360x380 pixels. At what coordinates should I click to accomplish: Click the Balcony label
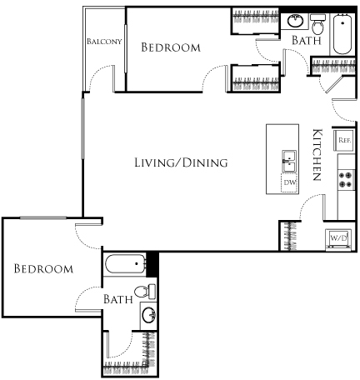[x=103, y=41]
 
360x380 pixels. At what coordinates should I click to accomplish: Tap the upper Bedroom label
[x=170, y=48]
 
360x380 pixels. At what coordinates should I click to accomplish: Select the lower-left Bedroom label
[x=43, y=269]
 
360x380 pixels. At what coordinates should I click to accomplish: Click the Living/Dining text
[x=181, y=163]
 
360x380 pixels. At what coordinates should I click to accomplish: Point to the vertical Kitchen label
[x=317, y=155]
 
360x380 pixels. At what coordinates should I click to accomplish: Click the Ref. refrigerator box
[x=343, y=141]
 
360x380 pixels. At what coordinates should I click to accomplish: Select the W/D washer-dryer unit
[x=339, y=237]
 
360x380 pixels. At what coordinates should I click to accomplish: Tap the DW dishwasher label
[x=289, y=182]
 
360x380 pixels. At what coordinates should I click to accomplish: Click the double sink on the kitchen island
[x=289, y=159]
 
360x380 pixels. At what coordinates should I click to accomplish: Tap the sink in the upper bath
[x=296, y=21]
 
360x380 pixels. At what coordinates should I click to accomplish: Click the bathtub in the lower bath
[x=126, y=265]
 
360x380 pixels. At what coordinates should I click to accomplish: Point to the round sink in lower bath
[x=147, y=316]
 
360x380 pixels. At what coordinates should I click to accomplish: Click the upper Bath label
[x=304, y=40]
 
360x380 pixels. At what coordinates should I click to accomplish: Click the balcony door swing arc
[x=98, y=80]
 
